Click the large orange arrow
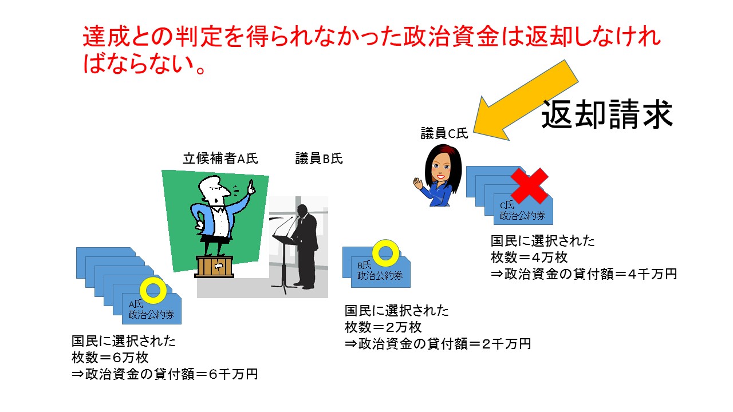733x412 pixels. coord(526,100)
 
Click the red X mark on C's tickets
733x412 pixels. coord(529,186)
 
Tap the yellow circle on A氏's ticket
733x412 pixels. coord(153,290)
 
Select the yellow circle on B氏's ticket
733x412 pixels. coord(386,253)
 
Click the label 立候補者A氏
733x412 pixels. coord(220,159)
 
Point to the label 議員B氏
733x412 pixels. coord(319,159)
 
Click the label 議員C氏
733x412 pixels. coord(444,133)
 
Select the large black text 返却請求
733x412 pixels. coord(607,114)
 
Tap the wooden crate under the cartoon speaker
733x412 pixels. coord(214,267)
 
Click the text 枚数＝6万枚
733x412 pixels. coord(110,358)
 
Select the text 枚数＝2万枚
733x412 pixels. coord(383,327)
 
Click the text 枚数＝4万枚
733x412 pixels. coord(529,257)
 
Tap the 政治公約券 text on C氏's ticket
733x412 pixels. coord(523,216)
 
